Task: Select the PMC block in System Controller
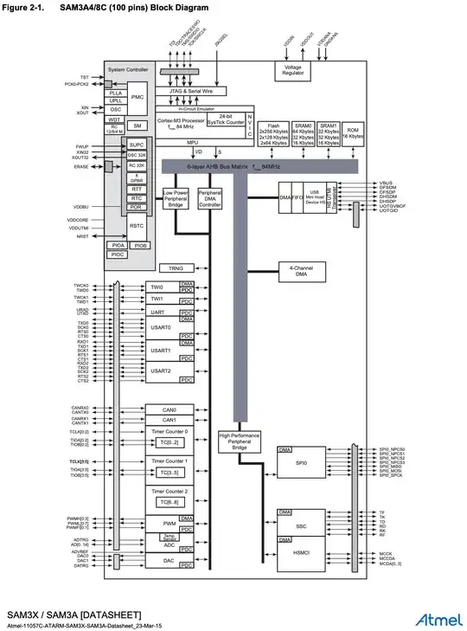click(x=137, y=98)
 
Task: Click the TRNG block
click(x=176, y=268)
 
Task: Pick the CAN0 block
click(x=170, y=409)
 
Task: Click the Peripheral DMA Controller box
click(x=210, y=198)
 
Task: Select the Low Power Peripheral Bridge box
click(x=176, y=198)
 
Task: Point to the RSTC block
click(x=137, y=227)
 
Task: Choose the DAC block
click(x=170, y=561)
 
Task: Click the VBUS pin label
click(x=386, y=184)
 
